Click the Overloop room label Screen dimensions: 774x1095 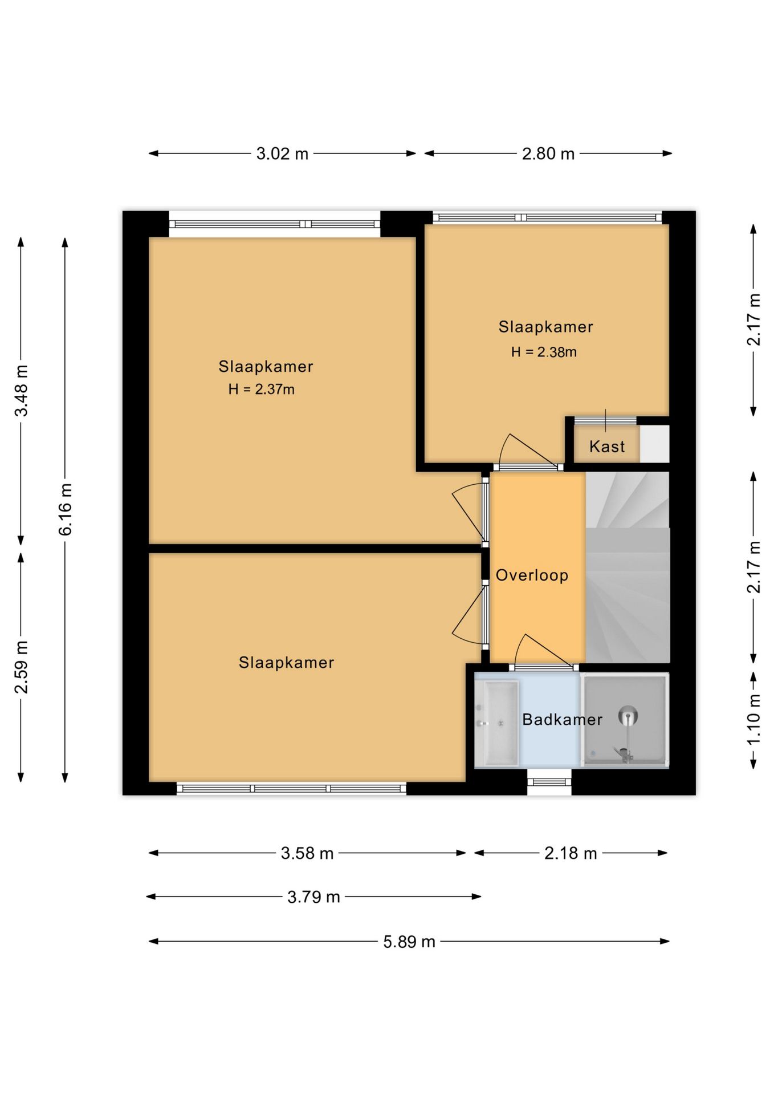click(x=532, y=575)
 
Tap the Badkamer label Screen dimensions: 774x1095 click(x=562, y=719)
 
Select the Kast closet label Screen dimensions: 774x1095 click(x=607, y=446)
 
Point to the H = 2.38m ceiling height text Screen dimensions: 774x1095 click(x=544, y=352)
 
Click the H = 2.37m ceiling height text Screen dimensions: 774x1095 click(x=262, y=389)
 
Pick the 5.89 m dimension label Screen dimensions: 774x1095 click(x=409, y=941)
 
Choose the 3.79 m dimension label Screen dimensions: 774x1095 click(x=313, y=897)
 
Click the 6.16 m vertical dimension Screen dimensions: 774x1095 click(x=66, y=509)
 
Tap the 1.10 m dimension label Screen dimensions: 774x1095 click(x=753, y=719)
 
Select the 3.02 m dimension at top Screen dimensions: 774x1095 click(x=282, y=153)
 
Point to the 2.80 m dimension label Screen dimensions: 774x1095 click(x=548, y=153)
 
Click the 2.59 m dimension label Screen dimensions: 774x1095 click(x=22, y=667)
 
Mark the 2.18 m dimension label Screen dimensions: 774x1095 click(x=571, y=853)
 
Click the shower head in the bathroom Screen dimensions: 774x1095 click(x=628, y=715)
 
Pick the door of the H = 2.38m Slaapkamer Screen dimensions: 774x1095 click(x=528, y=451)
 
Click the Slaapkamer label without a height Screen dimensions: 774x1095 click(x=286, y=662)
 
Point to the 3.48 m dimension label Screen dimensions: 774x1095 click(x=22, y=391)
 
